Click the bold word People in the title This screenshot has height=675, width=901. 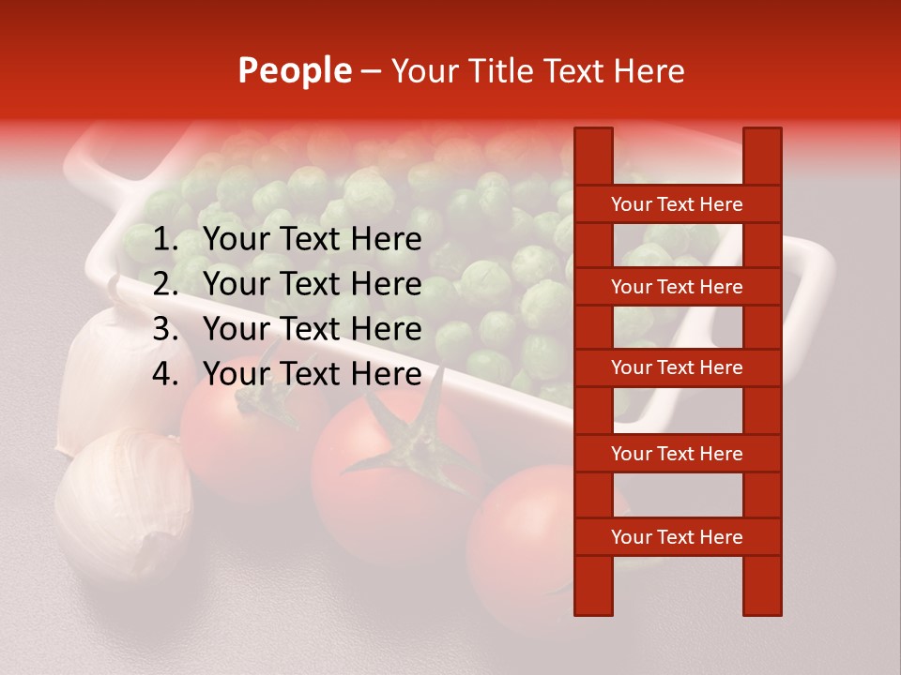[x=295, y=71]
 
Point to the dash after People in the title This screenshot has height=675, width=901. [x=371, y=72]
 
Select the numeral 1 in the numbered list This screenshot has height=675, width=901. [x=163, y=240]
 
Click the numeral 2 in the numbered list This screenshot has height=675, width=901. [x=163, y=284]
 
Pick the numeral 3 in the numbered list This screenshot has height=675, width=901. [x=163, y=329]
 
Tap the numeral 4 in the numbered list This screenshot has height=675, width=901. [x=163, y=374]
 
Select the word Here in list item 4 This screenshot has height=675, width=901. [x=386, y=374]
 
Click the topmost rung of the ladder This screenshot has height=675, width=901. [x=677, y=204]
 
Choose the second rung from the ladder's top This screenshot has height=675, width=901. [x=677, y=287]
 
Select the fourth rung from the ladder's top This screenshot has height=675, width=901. [x=677, y=454]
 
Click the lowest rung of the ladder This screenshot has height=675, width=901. [x=677, y=537]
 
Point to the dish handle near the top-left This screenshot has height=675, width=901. [x=103, y=155]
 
